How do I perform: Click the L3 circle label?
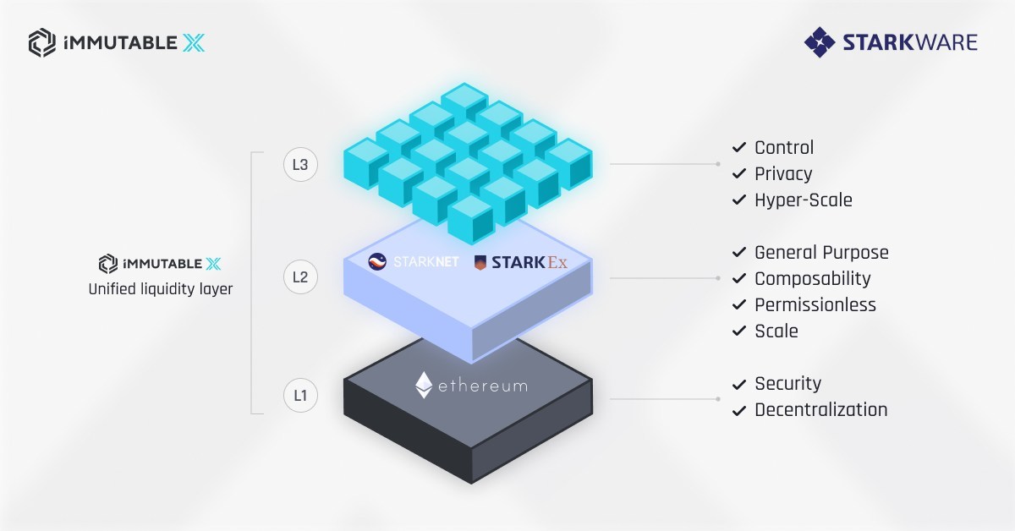click(300, 165)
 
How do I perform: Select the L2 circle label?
click(300, 276)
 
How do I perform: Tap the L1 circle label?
click(300, 395)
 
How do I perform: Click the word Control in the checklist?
click(784, 148)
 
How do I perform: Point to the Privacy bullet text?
click(783, 174)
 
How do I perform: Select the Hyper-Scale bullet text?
click(804, 200)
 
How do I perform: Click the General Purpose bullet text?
click(821, 252)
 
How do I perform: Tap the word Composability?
click(812, 278)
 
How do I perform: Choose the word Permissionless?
click(815, 304)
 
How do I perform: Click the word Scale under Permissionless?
click(776, 331)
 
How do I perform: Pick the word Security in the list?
click(787, 384)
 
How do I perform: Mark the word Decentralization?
click(820, 410)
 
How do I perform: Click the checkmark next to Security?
click(738, 385)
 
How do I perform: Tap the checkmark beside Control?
click(738, 149)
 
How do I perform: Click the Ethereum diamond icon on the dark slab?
click(424, 385)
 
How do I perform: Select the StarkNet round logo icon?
click(377, 262)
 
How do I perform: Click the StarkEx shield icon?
click(480, 262)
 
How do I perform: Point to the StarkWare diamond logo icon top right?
click(819, 41)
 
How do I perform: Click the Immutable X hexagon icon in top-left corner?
click(42, 41)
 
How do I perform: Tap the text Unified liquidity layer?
click(161, 289)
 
